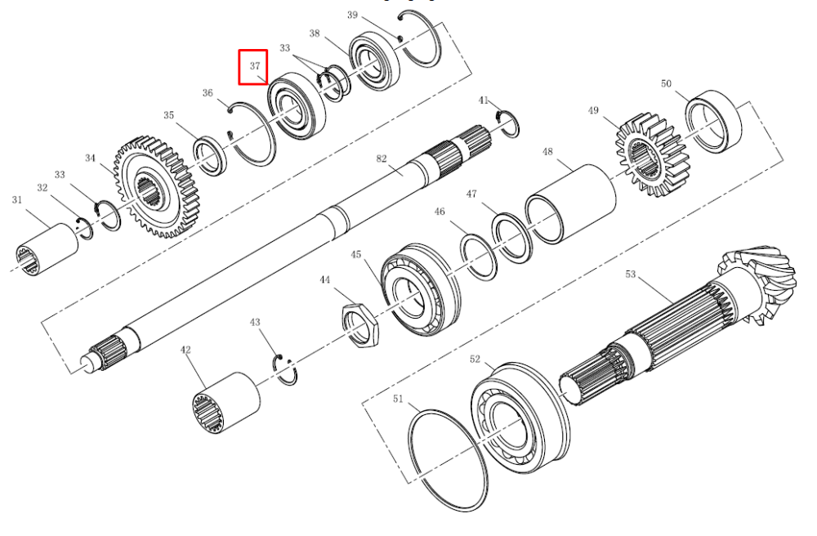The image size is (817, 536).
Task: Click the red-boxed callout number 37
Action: [x=255, y=66]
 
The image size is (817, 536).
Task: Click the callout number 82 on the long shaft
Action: [x=382, y=159]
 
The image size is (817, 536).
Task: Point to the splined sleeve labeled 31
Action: [x=47, y=249]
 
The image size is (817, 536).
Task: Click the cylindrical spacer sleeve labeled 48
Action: [x=570, y=203]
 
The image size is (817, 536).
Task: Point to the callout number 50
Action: [x=666, y=84]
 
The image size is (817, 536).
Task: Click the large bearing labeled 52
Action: [x=520, y=418]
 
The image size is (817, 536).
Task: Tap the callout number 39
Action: [x=353, y=15]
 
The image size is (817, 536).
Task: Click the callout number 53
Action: [x=631, y=274]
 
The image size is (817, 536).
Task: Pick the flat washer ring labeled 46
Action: [x=479, y=257]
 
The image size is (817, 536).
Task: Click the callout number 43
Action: [x=255, y=323]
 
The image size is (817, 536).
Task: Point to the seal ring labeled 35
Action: [x=210, y=156]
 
